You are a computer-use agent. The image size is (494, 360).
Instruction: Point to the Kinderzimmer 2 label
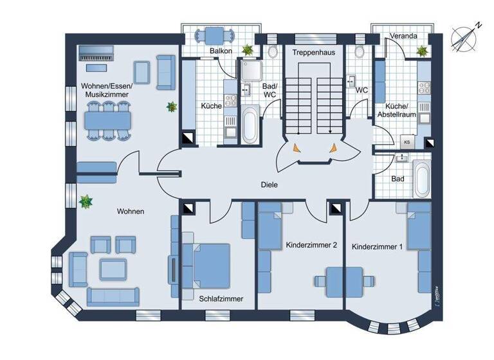311,245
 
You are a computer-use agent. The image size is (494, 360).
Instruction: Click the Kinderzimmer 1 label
378,247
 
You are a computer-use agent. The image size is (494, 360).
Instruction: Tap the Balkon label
220,51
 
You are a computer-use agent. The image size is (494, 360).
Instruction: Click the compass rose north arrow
466,37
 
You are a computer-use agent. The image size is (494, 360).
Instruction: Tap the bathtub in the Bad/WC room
250,125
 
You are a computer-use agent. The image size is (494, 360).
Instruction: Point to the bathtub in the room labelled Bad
422,179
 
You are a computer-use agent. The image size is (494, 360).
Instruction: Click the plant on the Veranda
423,51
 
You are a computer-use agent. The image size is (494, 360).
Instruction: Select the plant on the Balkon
247,50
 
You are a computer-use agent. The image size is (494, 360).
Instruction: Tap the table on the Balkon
212,35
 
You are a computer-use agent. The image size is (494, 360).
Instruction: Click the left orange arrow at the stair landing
295,148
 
